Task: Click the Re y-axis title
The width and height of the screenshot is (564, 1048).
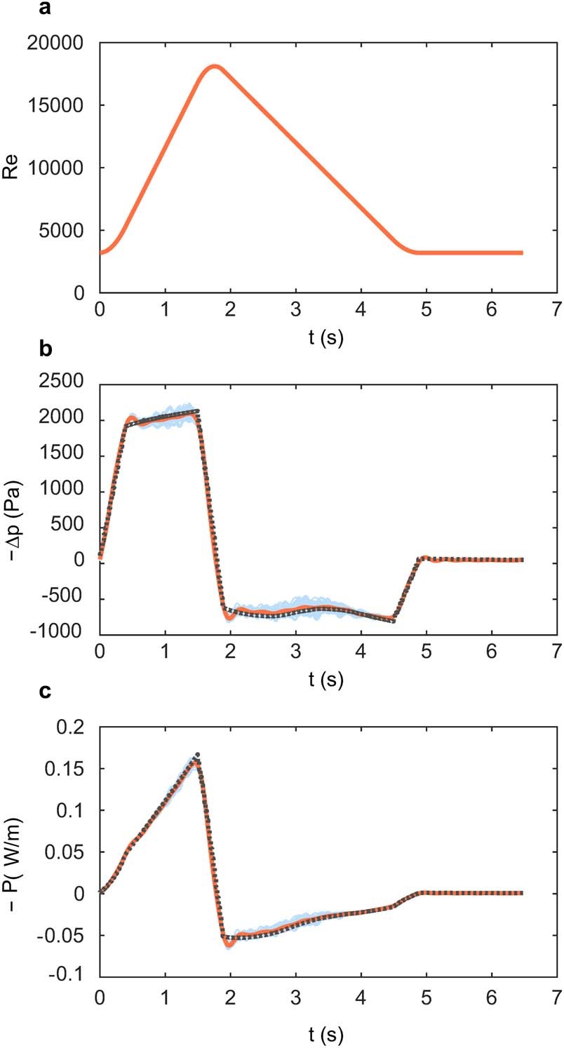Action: (11, 168)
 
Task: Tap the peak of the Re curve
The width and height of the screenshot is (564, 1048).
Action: (214, 67)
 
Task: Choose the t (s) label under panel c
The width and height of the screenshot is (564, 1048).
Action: (327, 1033)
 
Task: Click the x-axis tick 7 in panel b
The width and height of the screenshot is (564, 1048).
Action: (556, 651)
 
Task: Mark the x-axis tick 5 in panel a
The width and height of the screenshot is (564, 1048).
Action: (426, 309)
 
